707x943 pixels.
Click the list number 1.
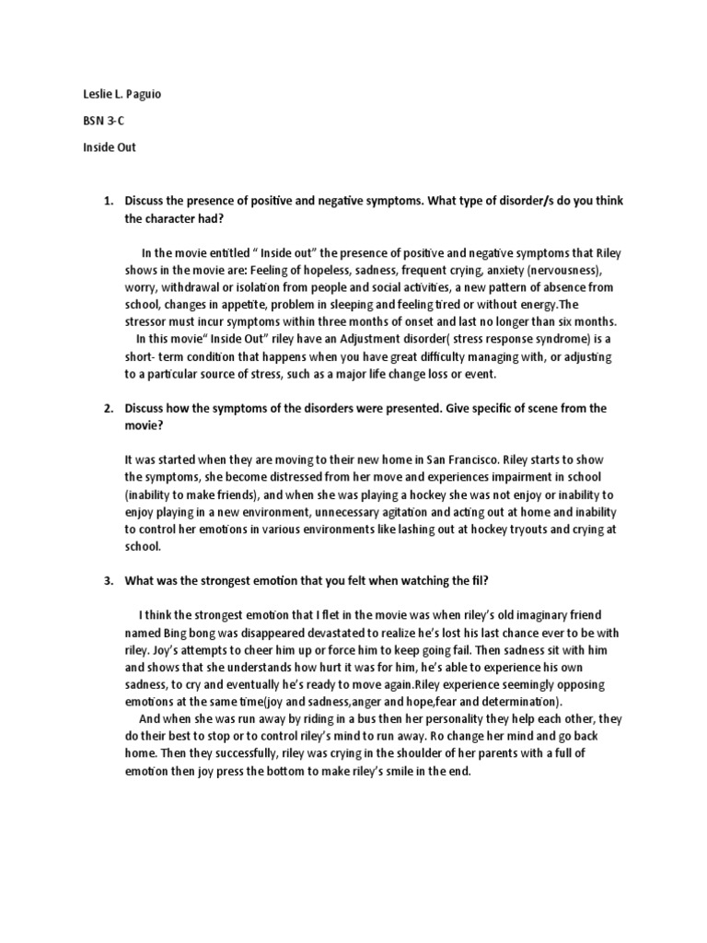pos(106,201)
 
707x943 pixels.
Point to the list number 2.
pos(106,408)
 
